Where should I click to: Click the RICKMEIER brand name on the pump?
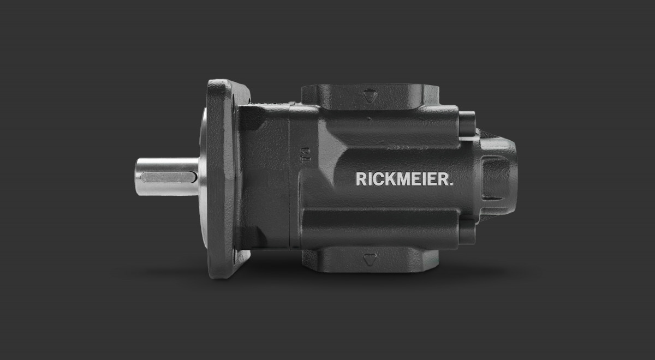click(404, 179)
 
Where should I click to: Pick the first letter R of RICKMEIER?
click(361, 179)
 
